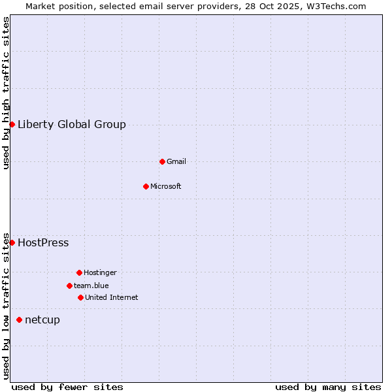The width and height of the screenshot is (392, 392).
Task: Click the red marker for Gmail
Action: [x=162, y=161]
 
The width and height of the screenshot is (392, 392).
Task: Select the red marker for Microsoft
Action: [x=146, y=186]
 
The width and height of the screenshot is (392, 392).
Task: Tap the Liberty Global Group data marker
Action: [x=12, y=124]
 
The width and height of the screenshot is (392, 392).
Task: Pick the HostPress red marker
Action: [x=12, y=242]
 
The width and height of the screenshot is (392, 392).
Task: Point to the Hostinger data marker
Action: [x=79, y=272]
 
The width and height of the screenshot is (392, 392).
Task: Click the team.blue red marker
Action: [x=69, y=286]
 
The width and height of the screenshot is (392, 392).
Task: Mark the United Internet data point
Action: [x=80, y=297]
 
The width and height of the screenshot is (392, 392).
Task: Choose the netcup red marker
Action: [x=19, y=319]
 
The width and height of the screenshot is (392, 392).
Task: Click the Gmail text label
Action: [x=176, y=161]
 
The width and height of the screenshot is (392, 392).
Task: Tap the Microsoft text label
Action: [x=166, y=186]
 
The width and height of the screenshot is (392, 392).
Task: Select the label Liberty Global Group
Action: [x=72, y=124]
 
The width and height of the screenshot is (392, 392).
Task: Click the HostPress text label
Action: [x=43, y=242]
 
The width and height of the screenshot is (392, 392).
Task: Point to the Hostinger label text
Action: [x=100, y=272]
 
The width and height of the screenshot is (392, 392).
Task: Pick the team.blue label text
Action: [x=91, y=286]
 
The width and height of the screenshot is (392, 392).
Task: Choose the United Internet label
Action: [x=112, y=297]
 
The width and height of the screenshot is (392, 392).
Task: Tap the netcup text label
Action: [x=42, y=319]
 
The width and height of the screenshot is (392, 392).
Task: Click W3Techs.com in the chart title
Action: [x=336, y=6]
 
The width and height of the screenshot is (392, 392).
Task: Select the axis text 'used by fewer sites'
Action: [x=67, y=387]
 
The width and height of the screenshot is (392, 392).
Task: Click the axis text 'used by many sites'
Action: [x=328, y=387]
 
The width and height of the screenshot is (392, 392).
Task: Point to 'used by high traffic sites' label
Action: [x=6, y=93]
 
